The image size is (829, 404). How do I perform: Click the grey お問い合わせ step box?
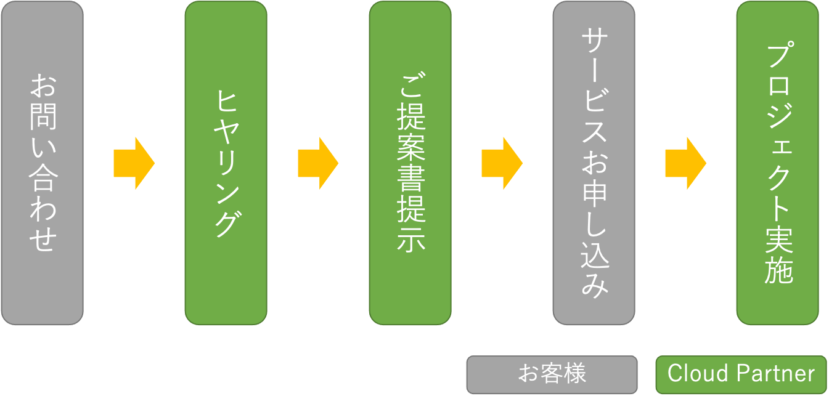tap(42, 163)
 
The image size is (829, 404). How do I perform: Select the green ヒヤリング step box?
tap(226, 163)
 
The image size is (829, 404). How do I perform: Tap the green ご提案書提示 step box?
tap(410, 163)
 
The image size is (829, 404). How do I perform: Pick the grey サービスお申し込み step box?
tap(594, 163)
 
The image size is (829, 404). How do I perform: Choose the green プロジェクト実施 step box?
tap(778, 163)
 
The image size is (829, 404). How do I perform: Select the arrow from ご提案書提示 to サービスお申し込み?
tap(501, 163)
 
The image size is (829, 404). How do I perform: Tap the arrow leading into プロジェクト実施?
tap(685, 163)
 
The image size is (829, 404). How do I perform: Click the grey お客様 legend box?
tap(552, 374)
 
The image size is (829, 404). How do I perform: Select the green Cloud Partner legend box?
tap(741, 374)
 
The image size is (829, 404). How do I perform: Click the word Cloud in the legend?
tap(690, 373)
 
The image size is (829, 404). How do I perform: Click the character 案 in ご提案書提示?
tap(410, 151)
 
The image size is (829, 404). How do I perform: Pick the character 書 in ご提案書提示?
tap(410, 182)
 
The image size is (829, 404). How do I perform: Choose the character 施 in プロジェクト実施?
tap(778, 269)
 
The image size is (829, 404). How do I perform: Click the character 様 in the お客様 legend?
tap(574, 373)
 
